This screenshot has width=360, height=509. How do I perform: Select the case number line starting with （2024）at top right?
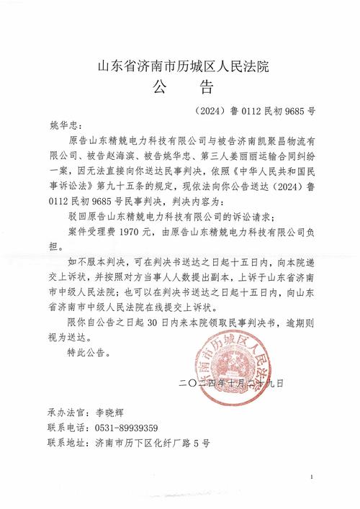coord(255,112)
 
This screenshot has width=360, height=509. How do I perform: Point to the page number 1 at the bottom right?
coord(311,477)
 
